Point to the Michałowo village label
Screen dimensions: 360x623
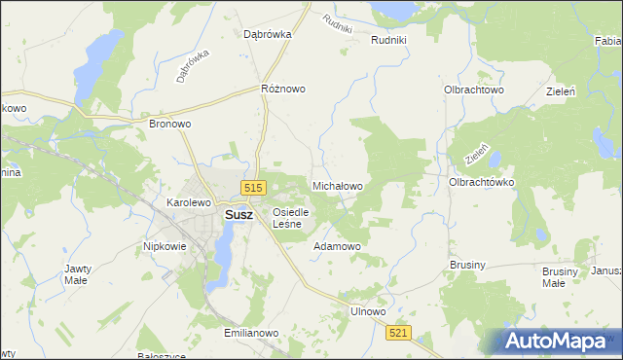coord(337,185)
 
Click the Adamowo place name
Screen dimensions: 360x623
coord(337,246)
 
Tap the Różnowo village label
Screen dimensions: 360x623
coord(283,89)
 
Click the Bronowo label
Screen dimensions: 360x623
coord(169,125)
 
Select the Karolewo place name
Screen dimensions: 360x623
coord(189,202)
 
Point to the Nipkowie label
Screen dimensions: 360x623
coord(165,246)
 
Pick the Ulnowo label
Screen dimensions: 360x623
coord(368,311)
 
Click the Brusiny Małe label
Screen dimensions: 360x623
coord(553,277)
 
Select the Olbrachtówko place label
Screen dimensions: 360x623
coord(481,182)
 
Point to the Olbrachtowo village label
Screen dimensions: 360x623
coord(473,89)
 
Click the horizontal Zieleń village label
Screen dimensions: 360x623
coord(562,90)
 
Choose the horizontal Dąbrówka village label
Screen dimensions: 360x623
coord(269,33)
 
